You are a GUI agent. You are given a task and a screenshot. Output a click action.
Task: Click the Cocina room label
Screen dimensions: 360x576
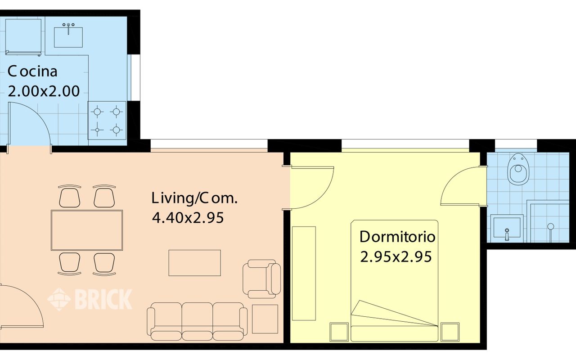click(x=33, y=72)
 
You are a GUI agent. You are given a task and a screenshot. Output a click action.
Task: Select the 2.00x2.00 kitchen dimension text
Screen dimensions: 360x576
click(x=44, y=91)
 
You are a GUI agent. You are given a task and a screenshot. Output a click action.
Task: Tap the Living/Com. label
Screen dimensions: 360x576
click(x=194, y=198)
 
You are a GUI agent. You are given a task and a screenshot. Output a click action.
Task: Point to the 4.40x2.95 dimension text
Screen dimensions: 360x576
click(x=188, y=218)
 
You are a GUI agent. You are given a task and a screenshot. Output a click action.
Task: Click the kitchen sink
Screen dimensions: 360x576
click(x=68, y=36)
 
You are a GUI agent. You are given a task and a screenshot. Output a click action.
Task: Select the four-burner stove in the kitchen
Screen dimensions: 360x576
click(x=107, y=121)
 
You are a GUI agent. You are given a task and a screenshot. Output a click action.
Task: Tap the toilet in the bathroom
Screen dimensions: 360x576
click(x=518, y=169)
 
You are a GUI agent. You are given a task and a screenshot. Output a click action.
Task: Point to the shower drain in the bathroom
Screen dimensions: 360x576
click(x=550, y=226)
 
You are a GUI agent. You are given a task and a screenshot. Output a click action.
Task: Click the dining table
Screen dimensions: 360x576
click(x=87, y=230)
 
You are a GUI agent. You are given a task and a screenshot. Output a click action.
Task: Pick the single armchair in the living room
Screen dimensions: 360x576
click(x=261, y=279)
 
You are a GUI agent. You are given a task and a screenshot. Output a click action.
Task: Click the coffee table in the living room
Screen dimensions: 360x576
click(x=194, y=263)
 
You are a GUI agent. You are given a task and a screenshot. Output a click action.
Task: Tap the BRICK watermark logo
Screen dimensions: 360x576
click(x=90, y=299)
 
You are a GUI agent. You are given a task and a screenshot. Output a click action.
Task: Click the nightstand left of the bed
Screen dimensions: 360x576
click(x=339, y=332)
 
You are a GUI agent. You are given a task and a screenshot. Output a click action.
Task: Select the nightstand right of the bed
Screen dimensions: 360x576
click(x=450, y=332)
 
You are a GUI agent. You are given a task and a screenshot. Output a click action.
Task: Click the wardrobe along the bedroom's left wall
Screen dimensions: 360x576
click(x=304, y=274)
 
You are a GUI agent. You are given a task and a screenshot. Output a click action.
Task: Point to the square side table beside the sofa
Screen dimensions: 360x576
click(x=265, y=319)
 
